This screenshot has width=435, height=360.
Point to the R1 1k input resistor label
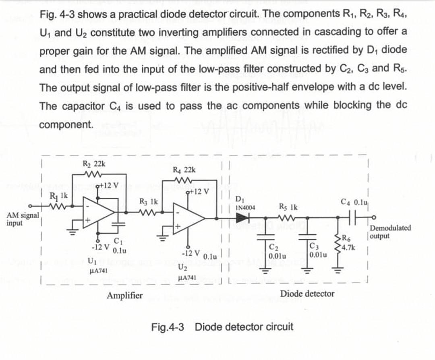pos(56,196)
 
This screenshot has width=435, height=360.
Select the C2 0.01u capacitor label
pos(277,251)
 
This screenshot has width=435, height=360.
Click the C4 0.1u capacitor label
pos(352,201)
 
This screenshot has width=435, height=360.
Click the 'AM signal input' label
pos(23,219)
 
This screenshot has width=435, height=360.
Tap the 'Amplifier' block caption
pos(124,296)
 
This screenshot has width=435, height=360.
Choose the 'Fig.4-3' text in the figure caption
pos(168,327)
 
